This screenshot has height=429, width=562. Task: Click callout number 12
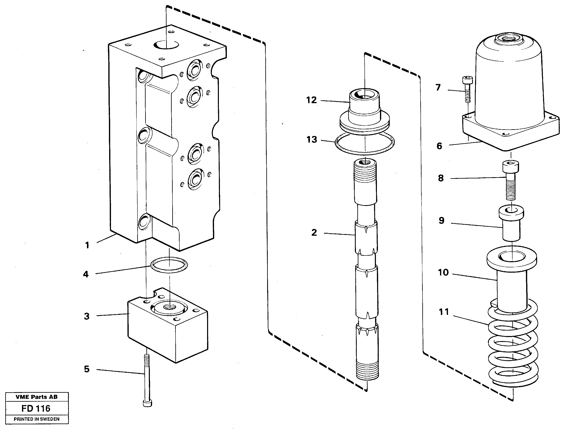click(x=311, y=100)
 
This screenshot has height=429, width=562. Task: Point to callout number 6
click(x=439, y=146)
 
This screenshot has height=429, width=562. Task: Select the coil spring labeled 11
click(x=513, y=345)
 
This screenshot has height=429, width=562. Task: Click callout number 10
click(x=443, y=272)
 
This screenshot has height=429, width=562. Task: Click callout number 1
click(x=87, y=245)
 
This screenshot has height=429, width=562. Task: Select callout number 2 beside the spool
click(x=314, y=233)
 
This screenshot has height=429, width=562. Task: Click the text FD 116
click(x=36, y=409)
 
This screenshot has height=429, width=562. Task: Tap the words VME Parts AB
click(x=36, y=397)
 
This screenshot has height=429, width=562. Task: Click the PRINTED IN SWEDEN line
click(x=36, y=419)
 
